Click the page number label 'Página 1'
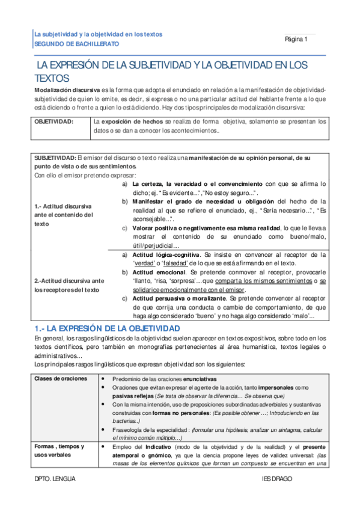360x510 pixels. click(x=296, y=39)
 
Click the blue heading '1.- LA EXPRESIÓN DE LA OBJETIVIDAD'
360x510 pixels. click(x=106, y=328)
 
